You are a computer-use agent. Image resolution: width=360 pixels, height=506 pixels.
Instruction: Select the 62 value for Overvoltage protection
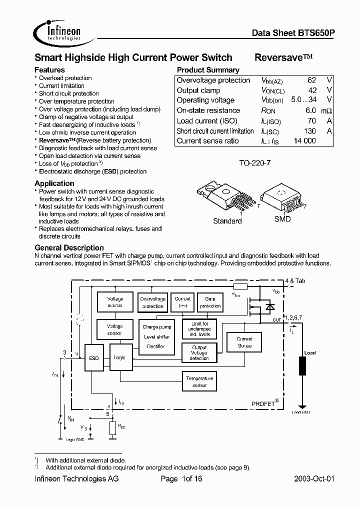point(311,80)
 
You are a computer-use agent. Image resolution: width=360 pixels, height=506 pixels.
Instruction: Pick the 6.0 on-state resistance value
point(310,110)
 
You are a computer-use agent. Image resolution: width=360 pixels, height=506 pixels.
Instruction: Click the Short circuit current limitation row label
point(215,131)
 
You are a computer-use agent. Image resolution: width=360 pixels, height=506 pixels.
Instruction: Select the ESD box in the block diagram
point(93,358)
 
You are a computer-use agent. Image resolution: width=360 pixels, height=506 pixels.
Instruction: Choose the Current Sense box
point(244,342)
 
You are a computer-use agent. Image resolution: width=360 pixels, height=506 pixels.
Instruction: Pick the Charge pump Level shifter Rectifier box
point(156,336)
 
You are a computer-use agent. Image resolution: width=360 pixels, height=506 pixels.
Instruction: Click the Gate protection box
point(210,302)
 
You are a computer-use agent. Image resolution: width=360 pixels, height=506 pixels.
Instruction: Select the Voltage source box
point(115,302)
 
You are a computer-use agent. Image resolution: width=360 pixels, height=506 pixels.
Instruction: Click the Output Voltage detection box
point(199,353)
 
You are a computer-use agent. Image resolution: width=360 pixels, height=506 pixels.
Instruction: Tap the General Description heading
point(69,247)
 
